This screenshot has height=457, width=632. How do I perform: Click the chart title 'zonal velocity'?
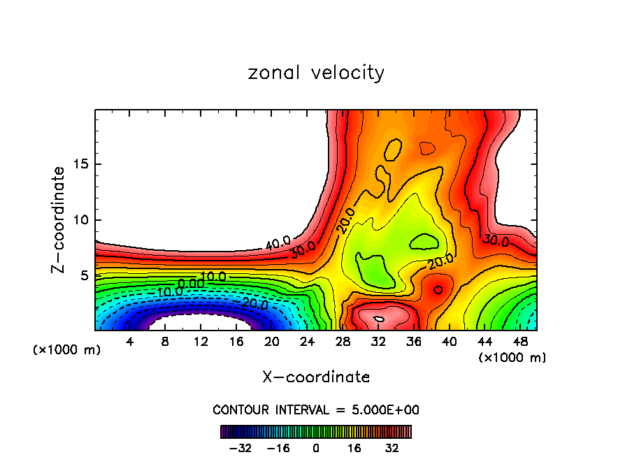click(x=316, y=73)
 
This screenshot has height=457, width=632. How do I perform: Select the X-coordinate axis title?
click(x=316, y=377)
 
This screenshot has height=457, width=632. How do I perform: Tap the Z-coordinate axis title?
click(x=59, y=219)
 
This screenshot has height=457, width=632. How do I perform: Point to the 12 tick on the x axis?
click(x=201, y=342)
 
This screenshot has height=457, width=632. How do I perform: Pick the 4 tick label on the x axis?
click(x=130, y=342)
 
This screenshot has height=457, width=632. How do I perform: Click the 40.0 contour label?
click(x=278, y=243)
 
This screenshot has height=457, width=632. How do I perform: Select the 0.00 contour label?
click(x=190, y=283)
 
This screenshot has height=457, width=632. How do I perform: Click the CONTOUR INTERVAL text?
click(x=316, y=409)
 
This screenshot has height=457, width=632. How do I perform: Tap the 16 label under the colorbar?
click(x=354, y=448)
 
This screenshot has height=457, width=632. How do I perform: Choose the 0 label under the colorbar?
click(x=316, y=448)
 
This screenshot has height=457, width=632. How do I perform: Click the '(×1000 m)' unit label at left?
click(x=67, y=349)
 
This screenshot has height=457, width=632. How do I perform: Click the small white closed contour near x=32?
click(x=378, y=319)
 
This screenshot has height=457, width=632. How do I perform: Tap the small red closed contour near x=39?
click(x=438, y=289)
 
